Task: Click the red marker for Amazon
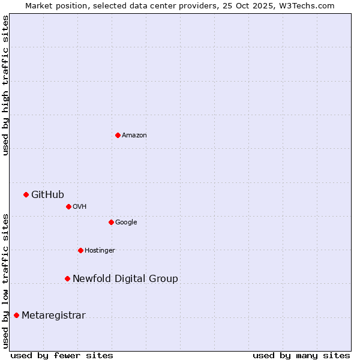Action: click(118, 135)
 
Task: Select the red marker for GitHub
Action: click(26, 194)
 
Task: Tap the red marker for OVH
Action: click(68, 206)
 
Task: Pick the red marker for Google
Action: click(111, 222)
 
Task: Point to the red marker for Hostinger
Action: click(80, 250)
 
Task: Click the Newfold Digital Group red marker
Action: click(67, 278)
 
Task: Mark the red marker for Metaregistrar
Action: click(16, 316)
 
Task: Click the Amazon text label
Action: click(134, 136)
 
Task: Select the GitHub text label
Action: click(47, 194)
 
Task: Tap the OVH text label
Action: click(80, 207)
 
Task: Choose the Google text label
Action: click(126, 223)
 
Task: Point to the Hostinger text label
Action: click(100, 251)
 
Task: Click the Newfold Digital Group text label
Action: click(125, 278)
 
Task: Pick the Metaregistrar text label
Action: click(53, 316)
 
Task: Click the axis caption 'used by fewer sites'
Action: click(62, 355)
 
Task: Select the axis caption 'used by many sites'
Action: click(301, 355)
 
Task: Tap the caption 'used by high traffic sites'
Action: click(5, 85)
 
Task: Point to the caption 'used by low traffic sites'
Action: click(5, 281)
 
